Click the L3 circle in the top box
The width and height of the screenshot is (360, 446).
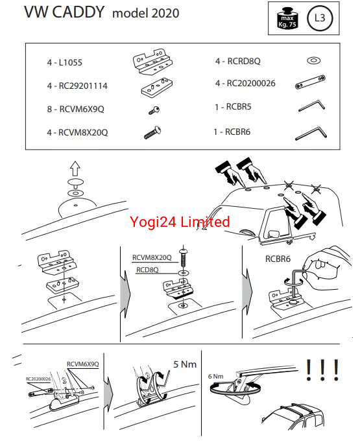tap(320, 18)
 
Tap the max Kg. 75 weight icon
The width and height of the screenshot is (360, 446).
tap(287, 19)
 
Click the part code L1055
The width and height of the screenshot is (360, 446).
tap(71, 62)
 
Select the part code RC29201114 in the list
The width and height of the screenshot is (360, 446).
tap(83, 86)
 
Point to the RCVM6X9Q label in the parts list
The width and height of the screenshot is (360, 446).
tap(82, 109)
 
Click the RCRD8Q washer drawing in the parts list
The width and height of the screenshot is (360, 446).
tap(313, 60)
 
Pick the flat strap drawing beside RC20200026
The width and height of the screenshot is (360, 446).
tap(310, 82)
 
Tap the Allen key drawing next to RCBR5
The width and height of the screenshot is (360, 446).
tap(311, 105)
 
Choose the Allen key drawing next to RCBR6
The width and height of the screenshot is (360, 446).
tap(311, 133)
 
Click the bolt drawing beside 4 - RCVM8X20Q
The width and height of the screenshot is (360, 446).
tap(152, 132)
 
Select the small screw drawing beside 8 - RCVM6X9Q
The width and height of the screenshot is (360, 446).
tap(154, 110)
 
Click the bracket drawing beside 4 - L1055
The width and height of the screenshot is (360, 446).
tap(153, 62)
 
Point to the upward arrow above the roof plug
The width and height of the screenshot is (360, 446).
tap(75, 169)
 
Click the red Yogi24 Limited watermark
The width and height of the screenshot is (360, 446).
tap(180, 222)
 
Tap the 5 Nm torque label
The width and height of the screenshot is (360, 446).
tap(185, 364)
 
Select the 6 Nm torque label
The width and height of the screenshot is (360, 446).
tap(216, 376)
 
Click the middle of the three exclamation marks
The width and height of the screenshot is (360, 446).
tap(322, 370)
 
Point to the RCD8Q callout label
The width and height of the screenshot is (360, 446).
tap(147, 270)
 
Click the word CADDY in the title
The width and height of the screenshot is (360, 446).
tap(78, 12)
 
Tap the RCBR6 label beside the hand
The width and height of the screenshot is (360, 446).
tap(278, 259)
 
